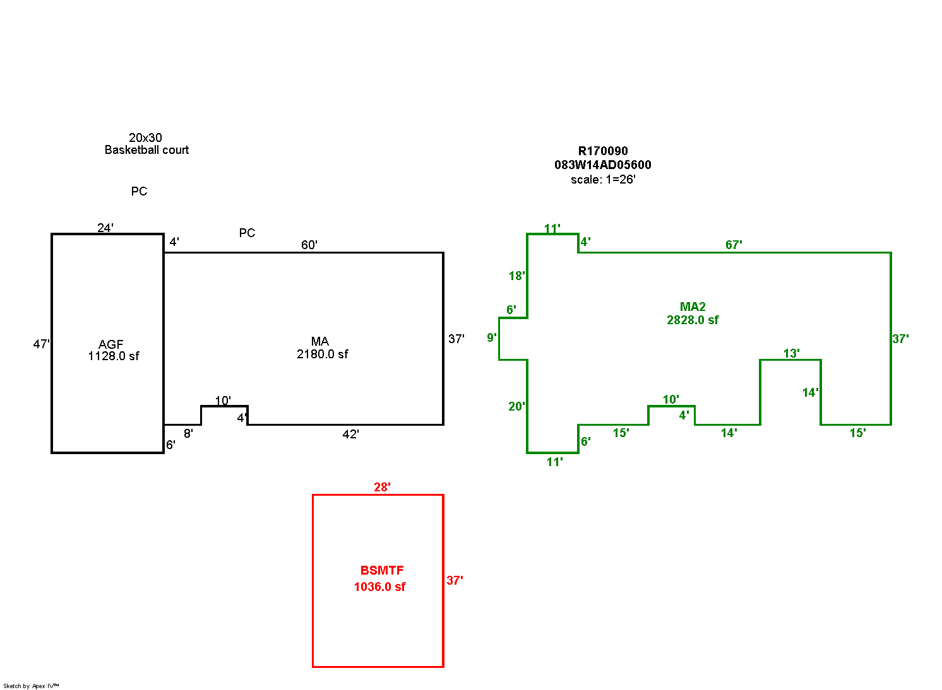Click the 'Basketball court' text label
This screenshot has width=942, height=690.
coord(146,150)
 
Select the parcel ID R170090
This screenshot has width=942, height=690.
coord(603,151)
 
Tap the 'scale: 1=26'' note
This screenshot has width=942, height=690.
coord(603,180)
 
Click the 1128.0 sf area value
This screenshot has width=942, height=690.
coord(114,356)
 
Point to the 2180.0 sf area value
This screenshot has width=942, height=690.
coord(322,354)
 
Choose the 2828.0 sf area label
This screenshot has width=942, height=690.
coord(693,320)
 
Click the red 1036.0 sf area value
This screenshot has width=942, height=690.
coord(379,587)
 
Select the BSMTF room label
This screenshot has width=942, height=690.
coord(382,571)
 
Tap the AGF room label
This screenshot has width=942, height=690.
coord(111,344)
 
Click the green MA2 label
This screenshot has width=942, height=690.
coord(693,307)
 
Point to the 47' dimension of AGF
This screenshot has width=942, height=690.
coord(42,344)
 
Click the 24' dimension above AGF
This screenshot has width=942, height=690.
coord(105,228)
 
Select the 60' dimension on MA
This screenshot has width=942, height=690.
coord(309,245)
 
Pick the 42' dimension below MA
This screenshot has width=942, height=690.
coord(350,435)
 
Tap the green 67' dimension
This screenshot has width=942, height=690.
coord(734,245)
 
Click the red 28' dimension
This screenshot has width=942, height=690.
coord(382,487)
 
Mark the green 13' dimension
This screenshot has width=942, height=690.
coord(792,354)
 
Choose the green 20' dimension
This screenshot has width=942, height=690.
coord(516,407)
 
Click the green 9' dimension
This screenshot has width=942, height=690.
coord(492,338)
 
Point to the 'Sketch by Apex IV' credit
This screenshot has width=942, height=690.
coord(31,686)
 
